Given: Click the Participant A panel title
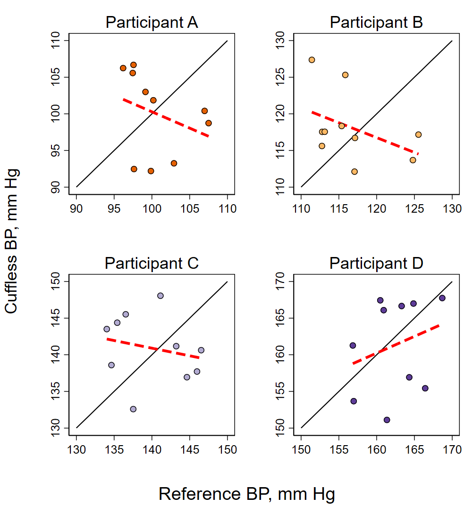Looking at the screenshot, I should pyautogui.click(x=152, y=22).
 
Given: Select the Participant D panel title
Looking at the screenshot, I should pyautogui.click(x=376, y=263).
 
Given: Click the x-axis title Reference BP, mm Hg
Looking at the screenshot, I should pyautogui.click(x=247, y=494).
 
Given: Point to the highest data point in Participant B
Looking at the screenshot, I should pyautogui.click(x=312, y=60).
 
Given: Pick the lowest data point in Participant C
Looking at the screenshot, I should pyautogui.click(x=133, y=409).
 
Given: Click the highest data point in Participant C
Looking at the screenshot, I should pyautogui.click(x=160, y=296).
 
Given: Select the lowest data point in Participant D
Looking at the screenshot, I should pyautogui.click(x=387, y=420).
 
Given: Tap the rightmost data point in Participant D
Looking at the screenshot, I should pyautogui.click(x=442, y=298).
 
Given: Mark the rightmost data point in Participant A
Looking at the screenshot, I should pyautogui.click(x=209, y=123).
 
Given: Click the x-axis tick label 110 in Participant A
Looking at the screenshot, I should pyautogui.click(x=227, y=209).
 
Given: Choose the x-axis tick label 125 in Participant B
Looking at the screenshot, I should pyautogui.click(x=414, y=209).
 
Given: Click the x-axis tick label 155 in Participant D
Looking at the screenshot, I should pyautogui.click(x=338, y=449).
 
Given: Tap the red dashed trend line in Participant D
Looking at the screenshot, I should pyautogui.click(x=396, y=344).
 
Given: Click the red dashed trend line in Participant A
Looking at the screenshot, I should pyautogui.click(x=165, y=117).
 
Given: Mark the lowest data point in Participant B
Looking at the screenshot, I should pyautogui.click(x=354, y=172).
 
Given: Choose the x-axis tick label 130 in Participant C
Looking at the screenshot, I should pyautogui.click(x=76, y=449).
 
